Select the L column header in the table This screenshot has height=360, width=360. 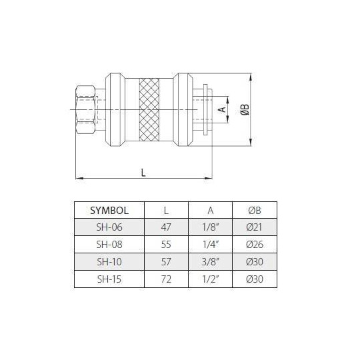[x=166, y=210]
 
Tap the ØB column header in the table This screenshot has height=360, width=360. [x=254, y=210]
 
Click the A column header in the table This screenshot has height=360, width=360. [x=210, y=210]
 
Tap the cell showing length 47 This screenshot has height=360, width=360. [x=166, y=227]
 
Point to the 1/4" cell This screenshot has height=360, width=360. [x=210, y=243]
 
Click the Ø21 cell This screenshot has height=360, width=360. [x=254, y=227]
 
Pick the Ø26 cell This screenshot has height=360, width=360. [x=254, y=243]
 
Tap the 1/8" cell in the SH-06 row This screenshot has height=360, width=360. [x=210, y=227]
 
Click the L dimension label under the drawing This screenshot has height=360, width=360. [x=143, y=171]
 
